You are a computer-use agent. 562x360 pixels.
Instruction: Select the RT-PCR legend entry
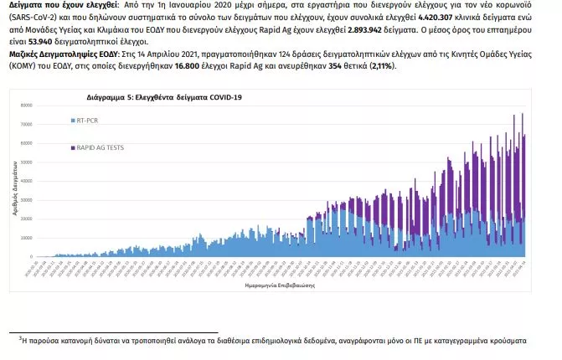[88, 121]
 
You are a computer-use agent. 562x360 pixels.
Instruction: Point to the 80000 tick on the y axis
[26, 105]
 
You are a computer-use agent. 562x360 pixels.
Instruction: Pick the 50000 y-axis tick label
[26, 162]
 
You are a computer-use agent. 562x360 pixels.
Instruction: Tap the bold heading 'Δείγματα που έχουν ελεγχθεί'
[57, 5]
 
